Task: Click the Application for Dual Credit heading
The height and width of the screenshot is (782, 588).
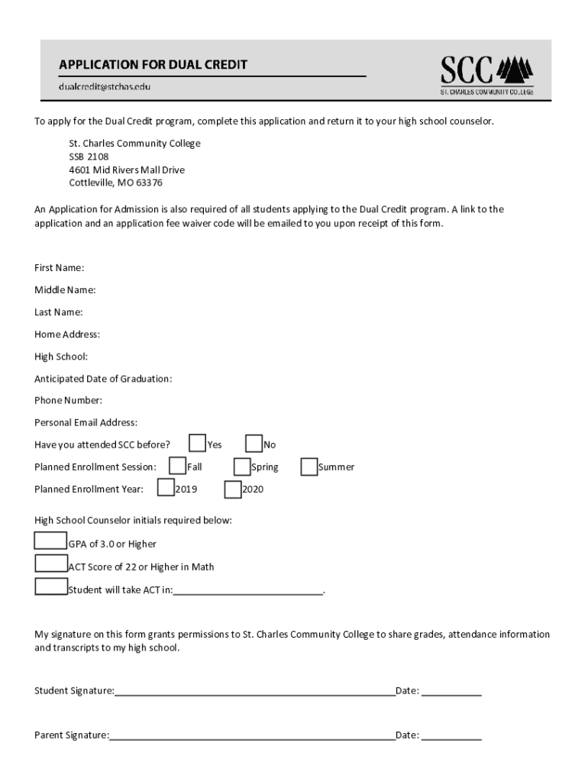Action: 153,65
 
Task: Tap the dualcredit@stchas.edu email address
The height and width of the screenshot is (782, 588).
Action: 105,86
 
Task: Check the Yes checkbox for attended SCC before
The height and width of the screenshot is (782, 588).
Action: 197,444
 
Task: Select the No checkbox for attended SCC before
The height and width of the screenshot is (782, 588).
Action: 254,444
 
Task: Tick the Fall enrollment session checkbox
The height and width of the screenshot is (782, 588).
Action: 177,466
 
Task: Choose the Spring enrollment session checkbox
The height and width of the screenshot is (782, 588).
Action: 242,466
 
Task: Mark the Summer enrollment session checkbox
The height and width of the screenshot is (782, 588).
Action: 309,466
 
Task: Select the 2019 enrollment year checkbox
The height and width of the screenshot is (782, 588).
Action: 166,487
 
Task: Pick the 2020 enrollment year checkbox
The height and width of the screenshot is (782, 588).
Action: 232,487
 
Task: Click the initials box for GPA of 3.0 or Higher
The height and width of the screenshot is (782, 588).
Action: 51,541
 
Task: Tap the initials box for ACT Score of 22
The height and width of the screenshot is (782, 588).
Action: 51,564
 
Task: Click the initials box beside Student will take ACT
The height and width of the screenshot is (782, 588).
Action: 51,587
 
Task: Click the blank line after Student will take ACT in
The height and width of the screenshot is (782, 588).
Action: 248,591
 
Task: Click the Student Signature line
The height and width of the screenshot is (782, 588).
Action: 254,693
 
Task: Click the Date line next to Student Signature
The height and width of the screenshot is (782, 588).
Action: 451,693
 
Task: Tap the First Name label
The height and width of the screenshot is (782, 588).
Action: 59,268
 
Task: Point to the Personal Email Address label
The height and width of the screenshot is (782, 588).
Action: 86,422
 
